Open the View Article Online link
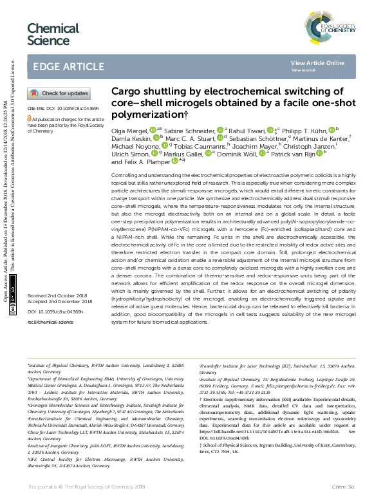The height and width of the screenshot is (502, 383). click(317, 62)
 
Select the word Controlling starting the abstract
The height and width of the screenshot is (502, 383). click(127, 176)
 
